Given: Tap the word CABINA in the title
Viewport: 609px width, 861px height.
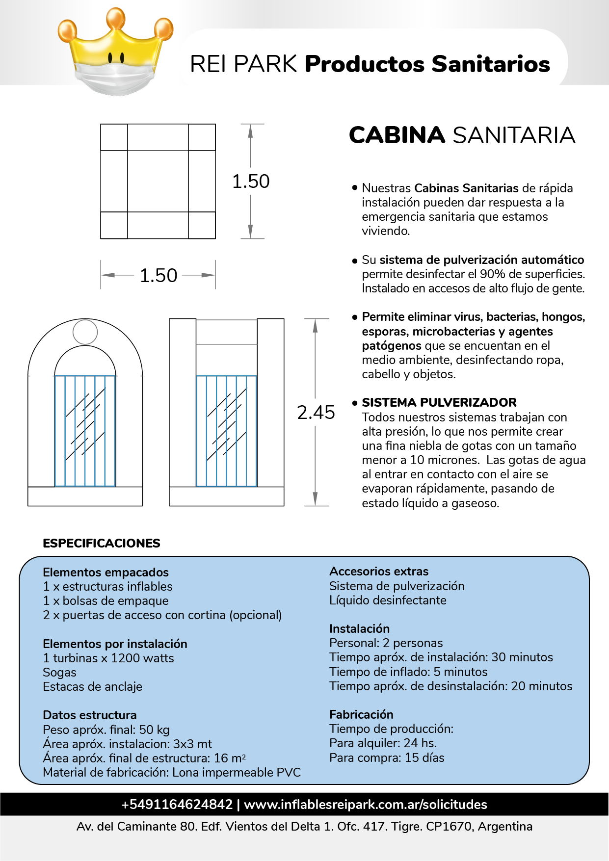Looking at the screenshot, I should click(x=397, y=135).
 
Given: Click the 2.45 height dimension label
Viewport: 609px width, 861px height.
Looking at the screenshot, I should click(x=316, y=413).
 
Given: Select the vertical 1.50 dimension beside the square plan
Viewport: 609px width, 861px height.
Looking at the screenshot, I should click(x=251, y=181).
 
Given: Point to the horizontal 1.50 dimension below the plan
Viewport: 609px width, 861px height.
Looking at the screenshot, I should click(x=158, y=275).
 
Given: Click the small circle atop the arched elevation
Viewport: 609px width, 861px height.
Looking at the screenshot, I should click(x=85, y=332).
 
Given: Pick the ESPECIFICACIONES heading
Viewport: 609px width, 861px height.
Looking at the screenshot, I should click(x=102, y=543).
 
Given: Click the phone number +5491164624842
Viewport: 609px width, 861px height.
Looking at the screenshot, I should click(x=177, y=805).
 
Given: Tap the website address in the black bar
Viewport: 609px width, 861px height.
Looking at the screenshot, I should click(x=366, y=805).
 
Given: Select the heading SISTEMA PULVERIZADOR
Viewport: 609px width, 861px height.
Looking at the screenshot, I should click(x=439, y=403).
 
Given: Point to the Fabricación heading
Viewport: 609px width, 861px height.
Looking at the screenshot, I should click(x=361, y=714).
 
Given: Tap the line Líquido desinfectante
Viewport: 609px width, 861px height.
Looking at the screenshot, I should click(x=388, y=600).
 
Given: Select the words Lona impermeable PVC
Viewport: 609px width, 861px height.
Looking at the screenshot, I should click(x=236, y=772).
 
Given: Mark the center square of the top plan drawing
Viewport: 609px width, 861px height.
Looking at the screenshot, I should click(x=158, y=181).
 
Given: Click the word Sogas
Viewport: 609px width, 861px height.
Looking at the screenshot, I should click(x=59, y=672).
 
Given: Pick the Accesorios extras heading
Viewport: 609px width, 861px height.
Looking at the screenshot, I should click(x=379, y=572).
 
